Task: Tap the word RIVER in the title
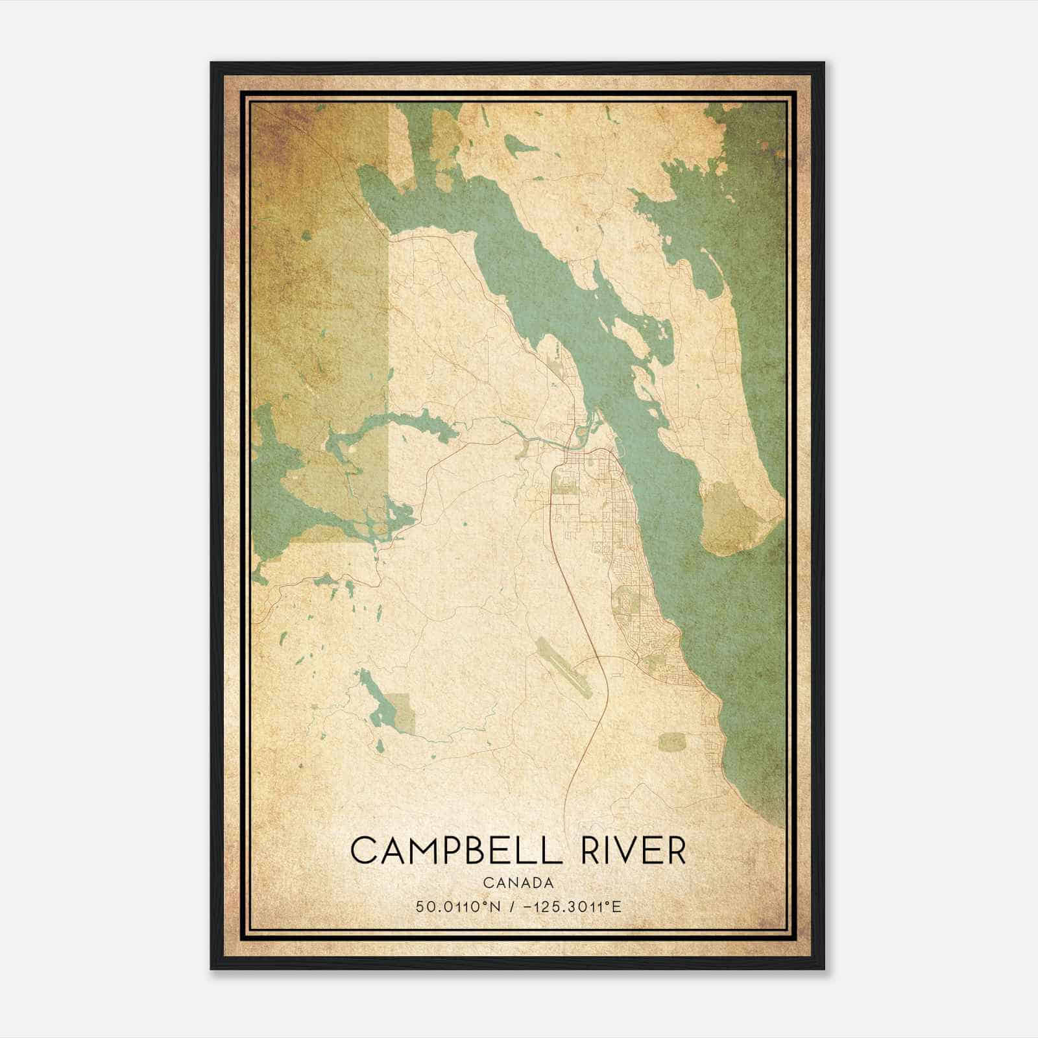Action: pyautogui.click(x=633, y=850)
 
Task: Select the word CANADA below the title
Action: pyautogui.click(x=518, y=883)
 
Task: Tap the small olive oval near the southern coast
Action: pyautogui.click(x=671, y=742)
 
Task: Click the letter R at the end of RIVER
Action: pyautogui.click(x=676, y=850)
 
